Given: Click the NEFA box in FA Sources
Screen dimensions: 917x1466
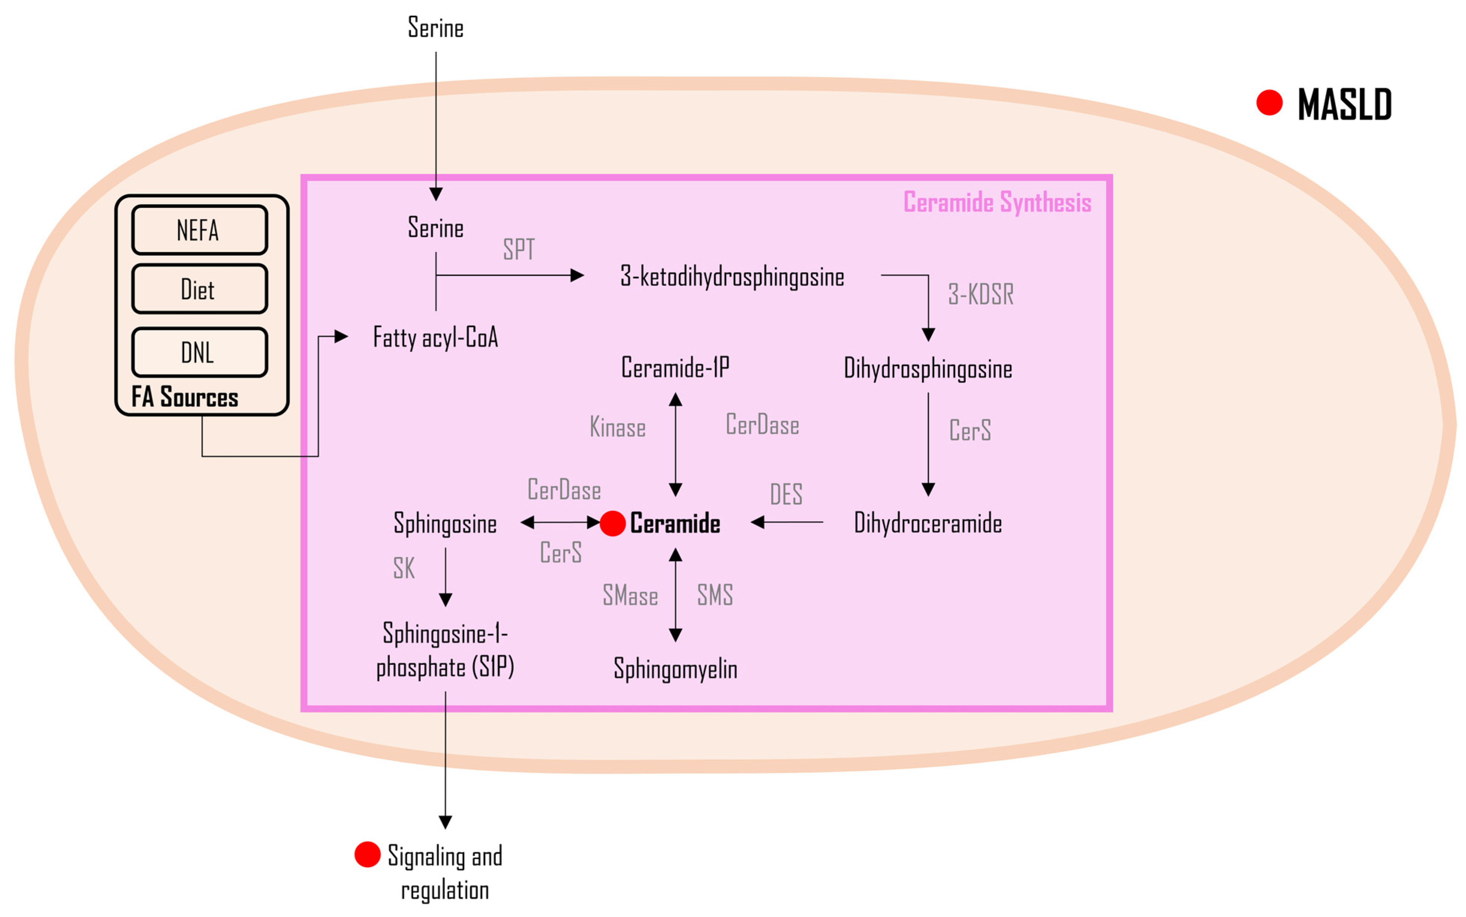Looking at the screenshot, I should pos(199,230).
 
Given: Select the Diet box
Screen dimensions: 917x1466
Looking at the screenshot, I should pos(199,289).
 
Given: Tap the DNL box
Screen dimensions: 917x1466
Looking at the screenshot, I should pos(199,352).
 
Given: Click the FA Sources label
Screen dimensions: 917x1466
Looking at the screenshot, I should pos(184,397).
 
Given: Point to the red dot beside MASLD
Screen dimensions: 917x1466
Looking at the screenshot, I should pos(1269,102).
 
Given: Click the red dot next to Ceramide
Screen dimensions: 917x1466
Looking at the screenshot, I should pos(612,523).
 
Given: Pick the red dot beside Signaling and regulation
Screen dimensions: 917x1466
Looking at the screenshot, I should pos(367,855).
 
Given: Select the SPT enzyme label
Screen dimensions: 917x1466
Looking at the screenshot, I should pos(519,249).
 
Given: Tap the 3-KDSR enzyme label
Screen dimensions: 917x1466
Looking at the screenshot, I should pos(980,294).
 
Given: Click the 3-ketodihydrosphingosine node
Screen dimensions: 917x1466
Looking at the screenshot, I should pos(731,277).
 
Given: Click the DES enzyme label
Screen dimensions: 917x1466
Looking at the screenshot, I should pos(786,494).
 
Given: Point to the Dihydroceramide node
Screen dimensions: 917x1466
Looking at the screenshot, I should pos(927,523).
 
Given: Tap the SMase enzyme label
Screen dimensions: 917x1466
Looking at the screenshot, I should pos(629,595).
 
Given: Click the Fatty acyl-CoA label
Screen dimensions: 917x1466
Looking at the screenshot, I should pos(435,337).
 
